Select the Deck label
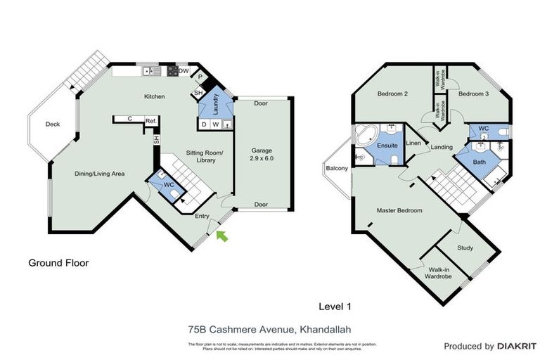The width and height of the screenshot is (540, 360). coord(53,124)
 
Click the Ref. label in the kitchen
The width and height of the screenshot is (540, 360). coord(150,121)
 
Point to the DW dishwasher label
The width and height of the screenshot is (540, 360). coord(184,71)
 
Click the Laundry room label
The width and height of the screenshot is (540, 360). coord(217,102)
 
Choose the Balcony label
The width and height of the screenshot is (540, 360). coord(337,168)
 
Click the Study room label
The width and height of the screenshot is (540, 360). coord(465,248)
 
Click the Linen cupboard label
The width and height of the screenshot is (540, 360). coord(413,143)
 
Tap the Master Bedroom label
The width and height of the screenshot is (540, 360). coord(400,210)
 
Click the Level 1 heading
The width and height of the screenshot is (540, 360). coord(334,306)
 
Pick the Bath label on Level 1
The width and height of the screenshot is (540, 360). coord(480,163)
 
